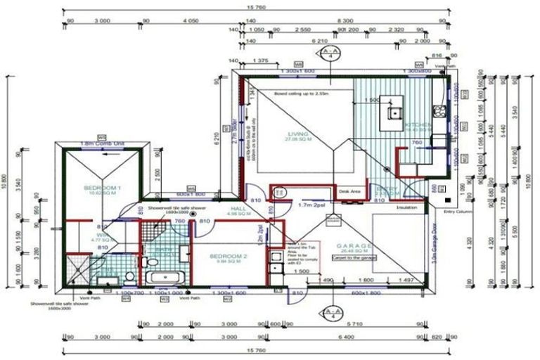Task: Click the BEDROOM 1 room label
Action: pyautogui.click(x=103, y=188)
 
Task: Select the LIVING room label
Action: pyautogui.click(x=297, y=134)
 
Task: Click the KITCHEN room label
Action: pyautogui.click(x=418, y=125)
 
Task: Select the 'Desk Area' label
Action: pyautogui.click(x=349, y=191)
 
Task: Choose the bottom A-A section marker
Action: pyautogui.click(x=328, y=314)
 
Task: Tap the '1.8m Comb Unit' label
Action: pyautogui.click(x=102, y=143)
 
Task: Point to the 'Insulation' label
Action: pyautogui.click(x=407, y=208)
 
